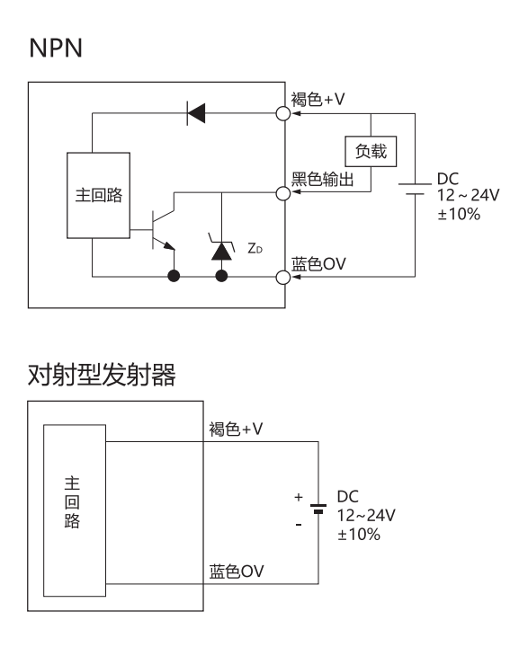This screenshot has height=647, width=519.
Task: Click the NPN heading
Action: coord(56,48)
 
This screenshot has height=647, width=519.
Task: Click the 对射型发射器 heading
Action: coord(102,375)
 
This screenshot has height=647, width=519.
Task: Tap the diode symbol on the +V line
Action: coord(196,113)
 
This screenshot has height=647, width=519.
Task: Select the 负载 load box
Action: coord(371,152)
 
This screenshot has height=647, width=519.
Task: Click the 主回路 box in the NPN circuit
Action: coord(98,195)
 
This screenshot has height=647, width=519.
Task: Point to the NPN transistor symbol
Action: coord(163,226)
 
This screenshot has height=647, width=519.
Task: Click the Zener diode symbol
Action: coord(221,248)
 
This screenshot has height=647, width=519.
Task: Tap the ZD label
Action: coord(255,248)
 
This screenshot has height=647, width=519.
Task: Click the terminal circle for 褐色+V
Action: coord(282,113)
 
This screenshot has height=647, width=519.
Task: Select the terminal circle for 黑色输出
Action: coord(282,192)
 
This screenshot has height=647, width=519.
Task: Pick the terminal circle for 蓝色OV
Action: coord(282,277)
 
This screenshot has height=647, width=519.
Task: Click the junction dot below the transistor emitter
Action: coord(174,276)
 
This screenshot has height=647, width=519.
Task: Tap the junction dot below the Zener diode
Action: coord(221,276)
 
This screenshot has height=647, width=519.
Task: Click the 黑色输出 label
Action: coord(323,180)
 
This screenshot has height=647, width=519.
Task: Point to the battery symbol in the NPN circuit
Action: coord(415,189)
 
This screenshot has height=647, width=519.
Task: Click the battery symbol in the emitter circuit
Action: coord(318,509)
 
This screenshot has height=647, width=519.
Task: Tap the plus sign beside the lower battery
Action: coord(299,497)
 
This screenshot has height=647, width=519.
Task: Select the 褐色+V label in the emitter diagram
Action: coord(236,430)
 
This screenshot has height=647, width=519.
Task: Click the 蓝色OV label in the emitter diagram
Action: coord(237,572)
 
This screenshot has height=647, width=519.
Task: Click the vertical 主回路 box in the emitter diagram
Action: coord(75,510)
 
